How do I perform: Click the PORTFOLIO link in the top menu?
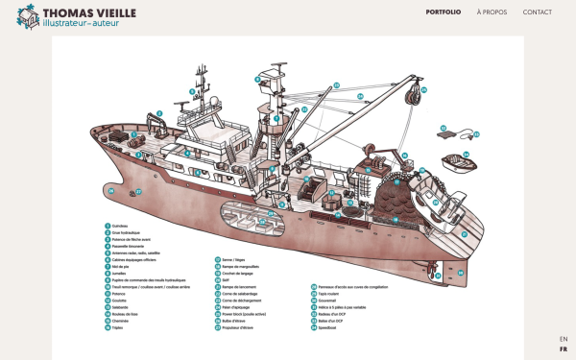click(x=443, y=12)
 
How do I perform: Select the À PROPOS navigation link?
click(x=492, y=12)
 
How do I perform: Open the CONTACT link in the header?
click(x=537, y=12)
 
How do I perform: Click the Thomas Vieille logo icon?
click(x=30, y=16)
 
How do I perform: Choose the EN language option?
click(x=564, y=339)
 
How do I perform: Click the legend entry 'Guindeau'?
click(x=120, y=226)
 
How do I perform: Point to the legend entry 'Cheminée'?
click(x=121, y=321)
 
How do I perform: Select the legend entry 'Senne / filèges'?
click(x=232, y=260)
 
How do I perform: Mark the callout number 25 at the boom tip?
click(x=337, y=84)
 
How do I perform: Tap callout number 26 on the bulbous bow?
click(x=111, y=190)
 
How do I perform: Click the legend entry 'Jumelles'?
click(x=120, y=273)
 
